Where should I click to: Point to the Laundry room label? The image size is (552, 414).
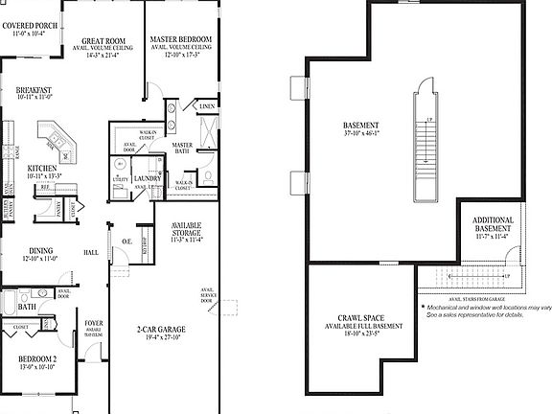[x=148, y=178]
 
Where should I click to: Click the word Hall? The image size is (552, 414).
[x=91, y=253]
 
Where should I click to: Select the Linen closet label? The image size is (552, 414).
[x=207, y=106]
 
